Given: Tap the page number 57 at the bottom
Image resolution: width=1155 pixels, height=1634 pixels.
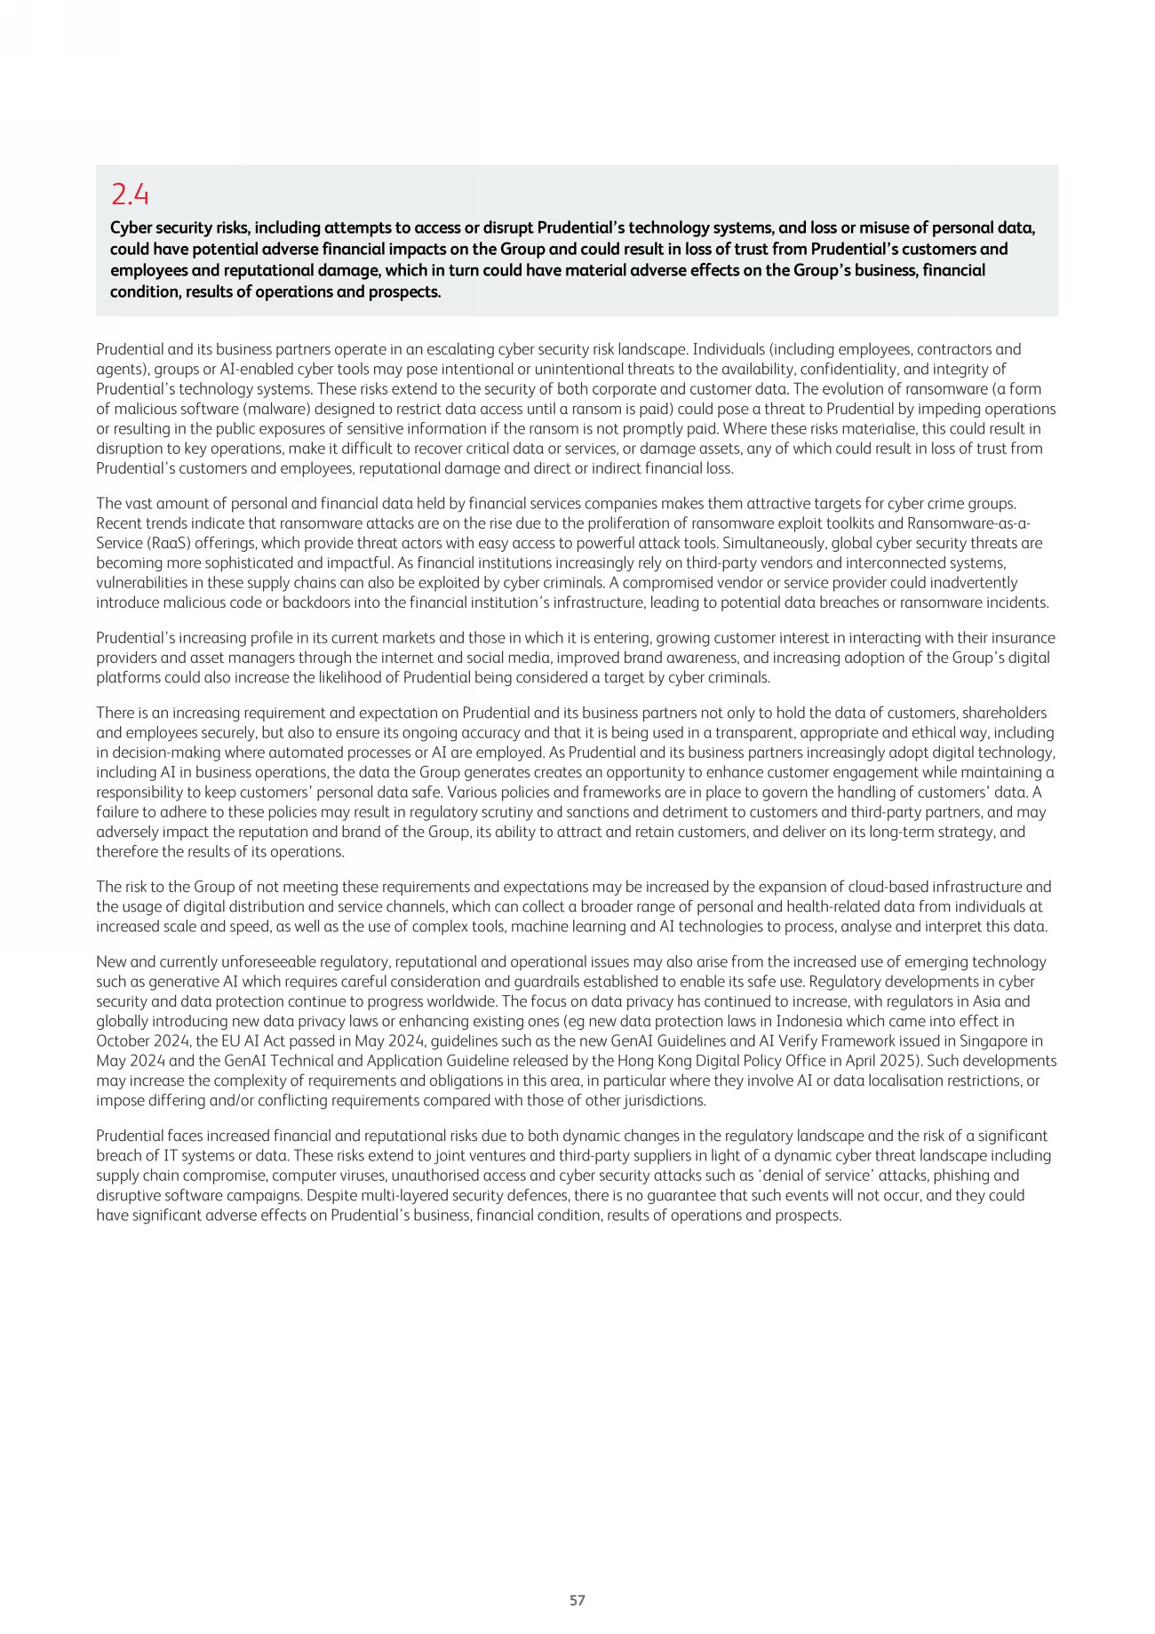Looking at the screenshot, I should point(577,1600).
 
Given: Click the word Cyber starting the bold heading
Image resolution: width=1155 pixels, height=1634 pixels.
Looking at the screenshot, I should point(130,228).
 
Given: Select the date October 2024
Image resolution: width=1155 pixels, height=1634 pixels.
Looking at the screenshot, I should point(138,1041).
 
